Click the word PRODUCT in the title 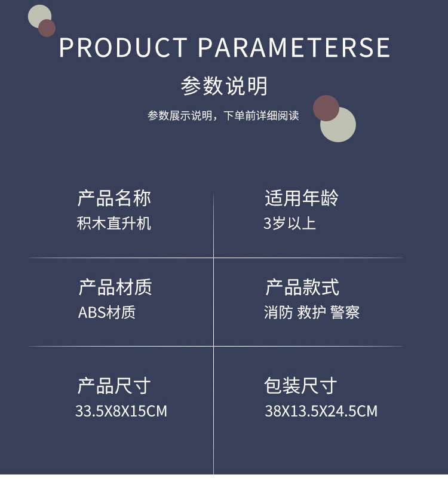[123, 48]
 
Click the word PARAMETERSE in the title [294, 48]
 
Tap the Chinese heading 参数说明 [224, 86]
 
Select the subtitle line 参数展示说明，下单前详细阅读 [223, 115]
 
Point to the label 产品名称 [114, 198]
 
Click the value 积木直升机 [114, 223]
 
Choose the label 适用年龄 [302, 198]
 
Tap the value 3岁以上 [290, 223]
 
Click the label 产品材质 [115, 287]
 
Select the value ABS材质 [107, 313]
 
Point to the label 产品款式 [302, 287]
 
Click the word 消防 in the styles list [278, 313]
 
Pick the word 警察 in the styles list [345, 313]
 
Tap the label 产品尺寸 [113, 385]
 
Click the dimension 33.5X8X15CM [121, 411]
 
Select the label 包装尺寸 [300, 385]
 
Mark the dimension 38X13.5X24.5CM [321, 411]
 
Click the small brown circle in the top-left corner [47, 28]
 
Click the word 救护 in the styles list [311, 313]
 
